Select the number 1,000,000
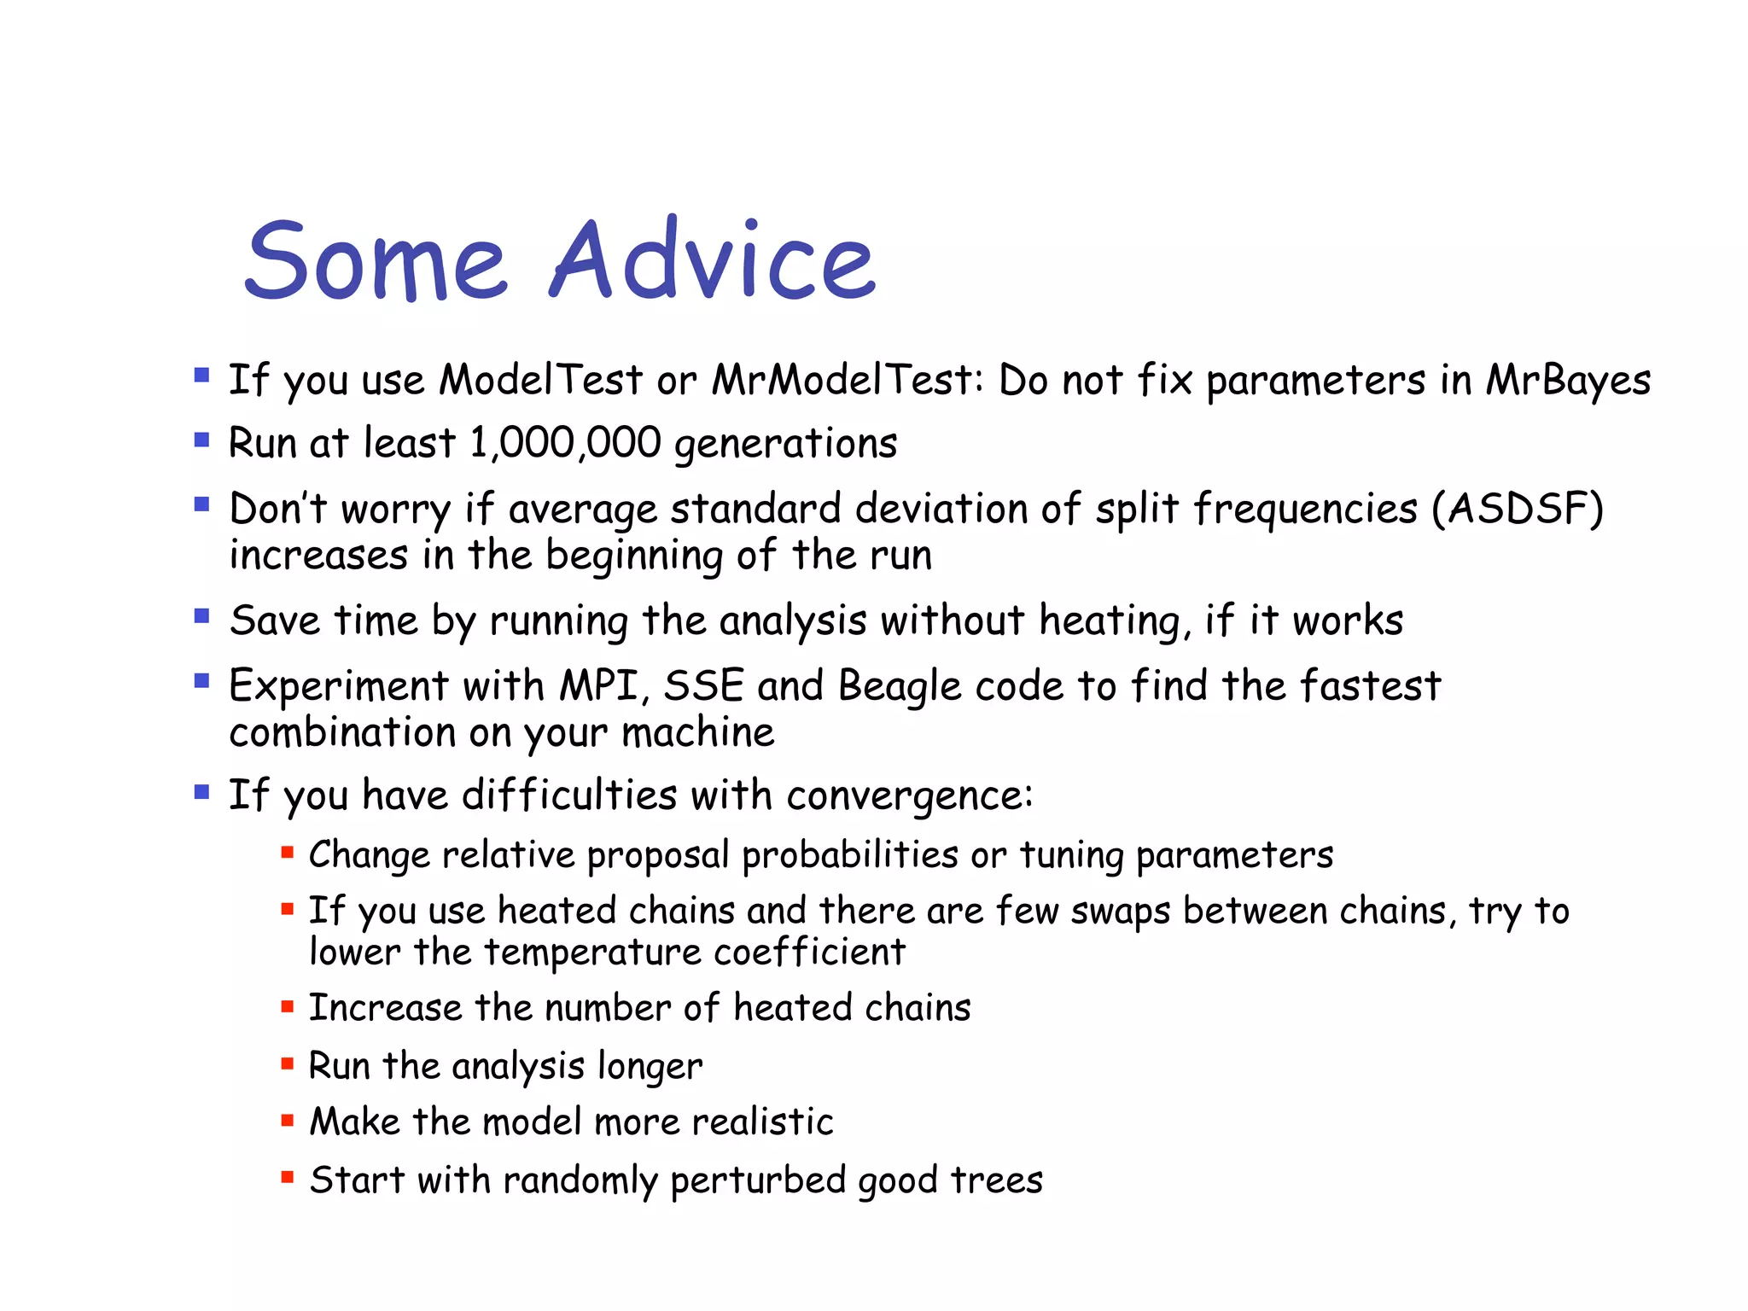pos(565,443)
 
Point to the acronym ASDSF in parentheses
pos(1518,509)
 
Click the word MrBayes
pos(1568,381)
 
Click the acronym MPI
pos(600,686)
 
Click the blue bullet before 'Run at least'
pos(201,440)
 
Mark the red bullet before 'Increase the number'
pos(288,1006)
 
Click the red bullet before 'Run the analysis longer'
pos(288,1063)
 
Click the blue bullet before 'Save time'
pos(201,616)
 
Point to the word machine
pos(697,733)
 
